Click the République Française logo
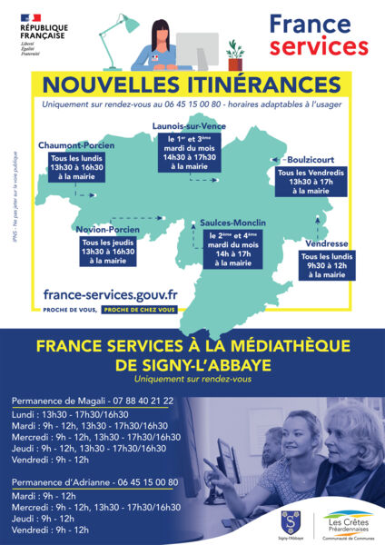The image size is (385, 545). (x=43, y=32)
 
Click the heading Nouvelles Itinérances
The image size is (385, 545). (x=192, y=84)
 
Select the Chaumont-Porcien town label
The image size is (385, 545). (x=76, y=144)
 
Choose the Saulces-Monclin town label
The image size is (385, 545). (x=221, y=223)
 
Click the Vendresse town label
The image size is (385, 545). (x=326, y=243)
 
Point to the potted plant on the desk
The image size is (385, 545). (x=235, y=55)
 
